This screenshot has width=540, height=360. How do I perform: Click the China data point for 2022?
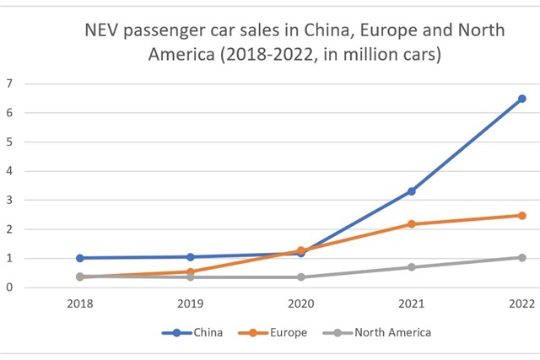click(522, 99)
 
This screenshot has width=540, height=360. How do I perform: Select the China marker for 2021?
click(412, 191)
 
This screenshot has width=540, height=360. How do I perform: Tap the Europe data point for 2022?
click(522, 215)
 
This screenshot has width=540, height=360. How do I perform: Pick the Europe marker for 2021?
click(412, 224)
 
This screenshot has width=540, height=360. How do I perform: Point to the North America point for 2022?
click(522, 257)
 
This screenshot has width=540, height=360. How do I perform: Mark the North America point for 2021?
click(412, 267)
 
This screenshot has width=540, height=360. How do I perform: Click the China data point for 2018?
click(80, 258)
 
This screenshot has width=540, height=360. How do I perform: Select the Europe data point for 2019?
click(191, 271)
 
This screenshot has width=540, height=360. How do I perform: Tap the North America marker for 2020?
click(301, 277)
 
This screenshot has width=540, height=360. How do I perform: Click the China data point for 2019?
click(191, 256)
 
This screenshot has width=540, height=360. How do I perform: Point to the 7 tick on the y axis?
click(9, 83)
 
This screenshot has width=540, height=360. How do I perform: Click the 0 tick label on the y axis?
click(9, 287)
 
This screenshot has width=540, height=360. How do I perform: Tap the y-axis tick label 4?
click(9, 171)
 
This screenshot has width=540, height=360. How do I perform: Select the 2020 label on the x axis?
click(301, 304)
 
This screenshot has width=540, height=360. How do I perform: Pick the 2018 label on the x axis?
click(80, 304)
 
